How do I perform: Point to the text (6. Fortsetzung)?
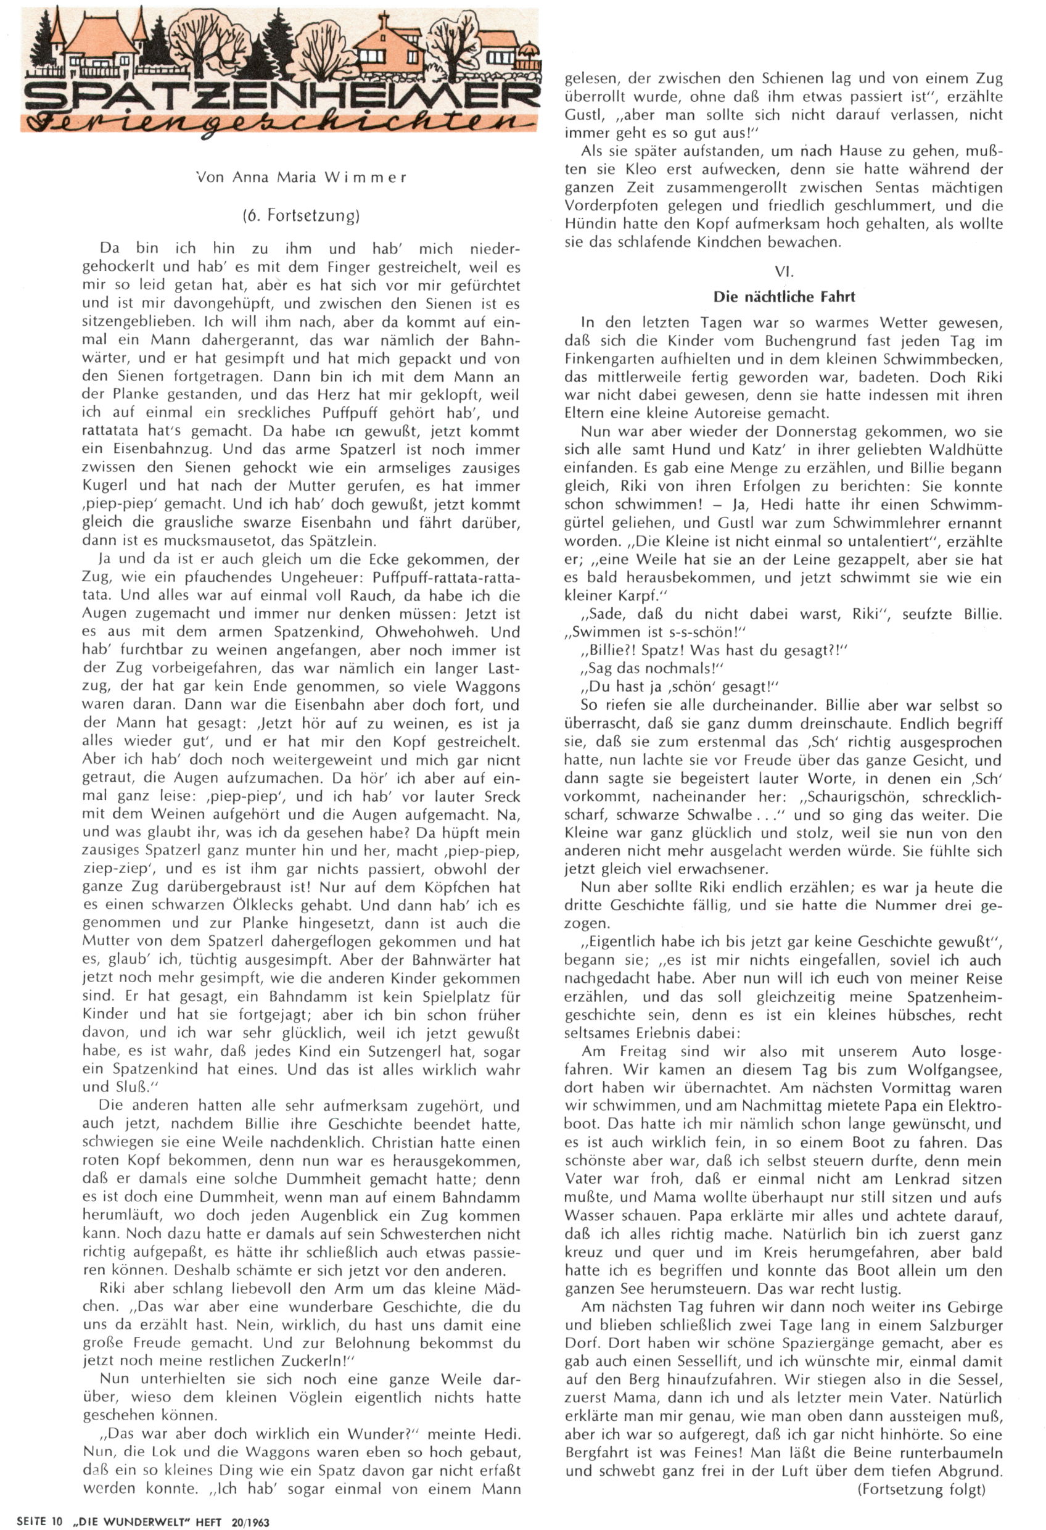tap(301, 215)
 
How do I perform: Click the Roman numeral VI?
tap(783, 271)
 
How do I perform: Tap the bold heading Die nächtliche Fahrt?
tap(784, 297)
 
